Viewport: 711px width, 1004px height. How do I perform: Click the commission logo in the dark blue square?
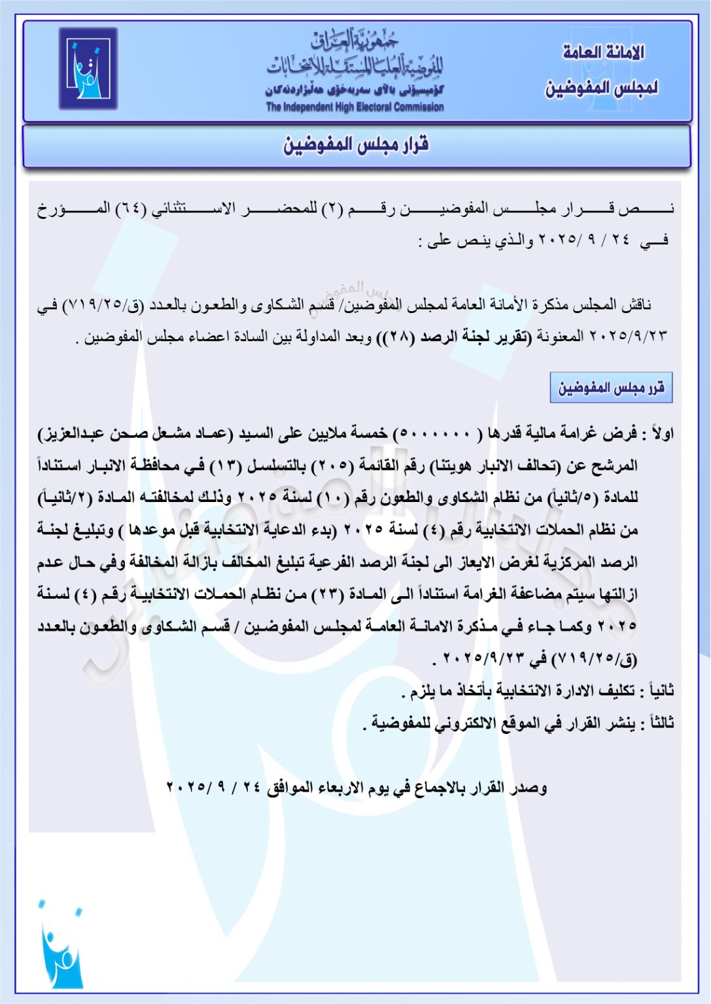click(88, 68)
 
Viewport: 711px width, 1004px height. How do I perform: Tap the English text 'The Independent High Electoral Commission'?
click(355, 107)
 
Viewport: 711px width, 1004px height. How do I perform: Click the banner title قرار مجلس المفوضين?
click(356, 145)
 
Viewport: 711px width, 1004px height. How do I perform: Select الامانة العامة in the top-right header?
click(603, 52)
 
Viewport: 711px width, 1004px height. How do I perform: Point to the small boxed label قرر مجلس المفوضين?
click(611, 388)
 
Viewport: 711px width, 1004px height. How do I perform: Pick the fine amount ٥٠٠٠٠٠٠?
click(434, 433)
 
